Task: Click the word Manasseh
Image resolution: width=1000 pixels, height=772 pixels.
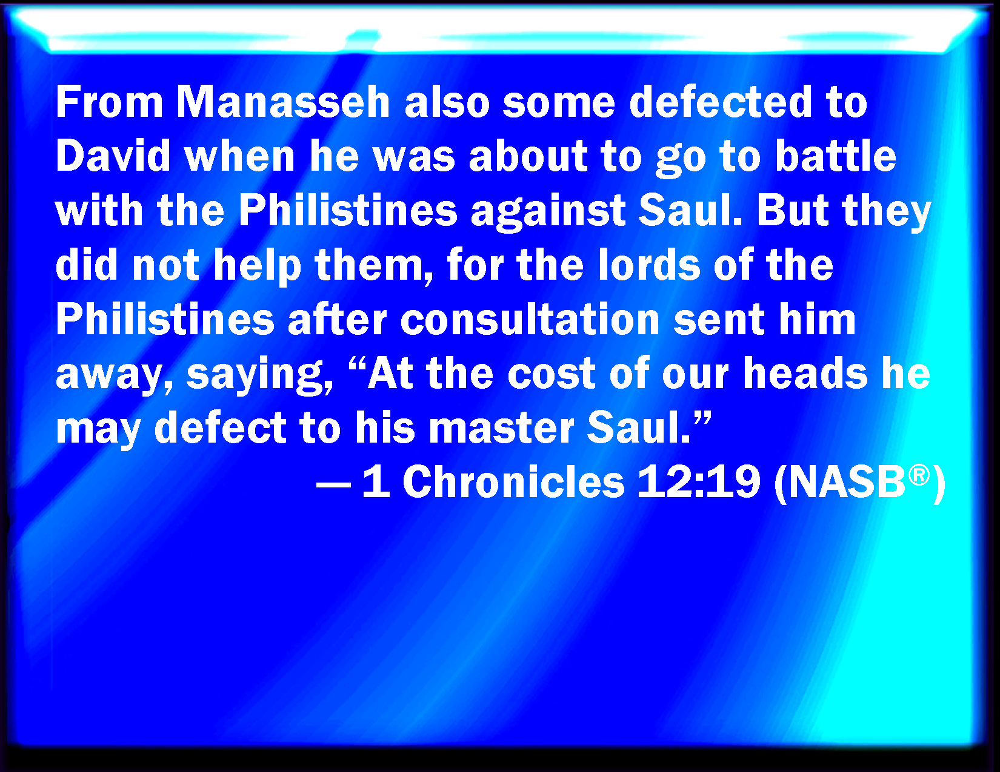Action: pyautogui.click(x=284, y=102)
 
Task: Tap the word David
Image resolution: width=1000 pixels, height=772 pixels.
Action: pyautogui.click(x=113, y=156)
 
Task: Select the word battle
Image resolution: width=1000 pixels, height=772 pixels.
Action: pyautogui.click(x=836, y=156)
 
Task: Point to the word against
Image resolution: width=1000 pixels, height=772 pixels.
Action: pyautogui.click(x=548, y=213)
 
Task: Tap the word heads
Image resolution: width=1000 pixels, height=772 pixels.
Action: pyautogui.click(x=805, y=374)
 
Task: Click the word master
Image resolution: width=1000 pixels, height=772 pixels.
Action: pyautogui.click(x=501, y=428)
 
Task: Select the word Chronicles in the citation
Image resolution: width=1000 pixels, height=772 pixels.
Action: pyautogui.click(x=513, y=482)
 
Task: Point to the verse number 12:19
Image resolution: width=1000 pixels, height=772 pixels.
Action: pyautogui.click(x=699, y=482)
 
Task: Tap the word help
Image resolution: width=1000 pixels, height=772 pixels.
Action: pyautogui.click(x=257, y=266)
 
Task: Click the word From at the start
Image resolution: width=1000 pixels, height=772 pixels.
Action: pyautogui.click(x=110, y=102)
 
